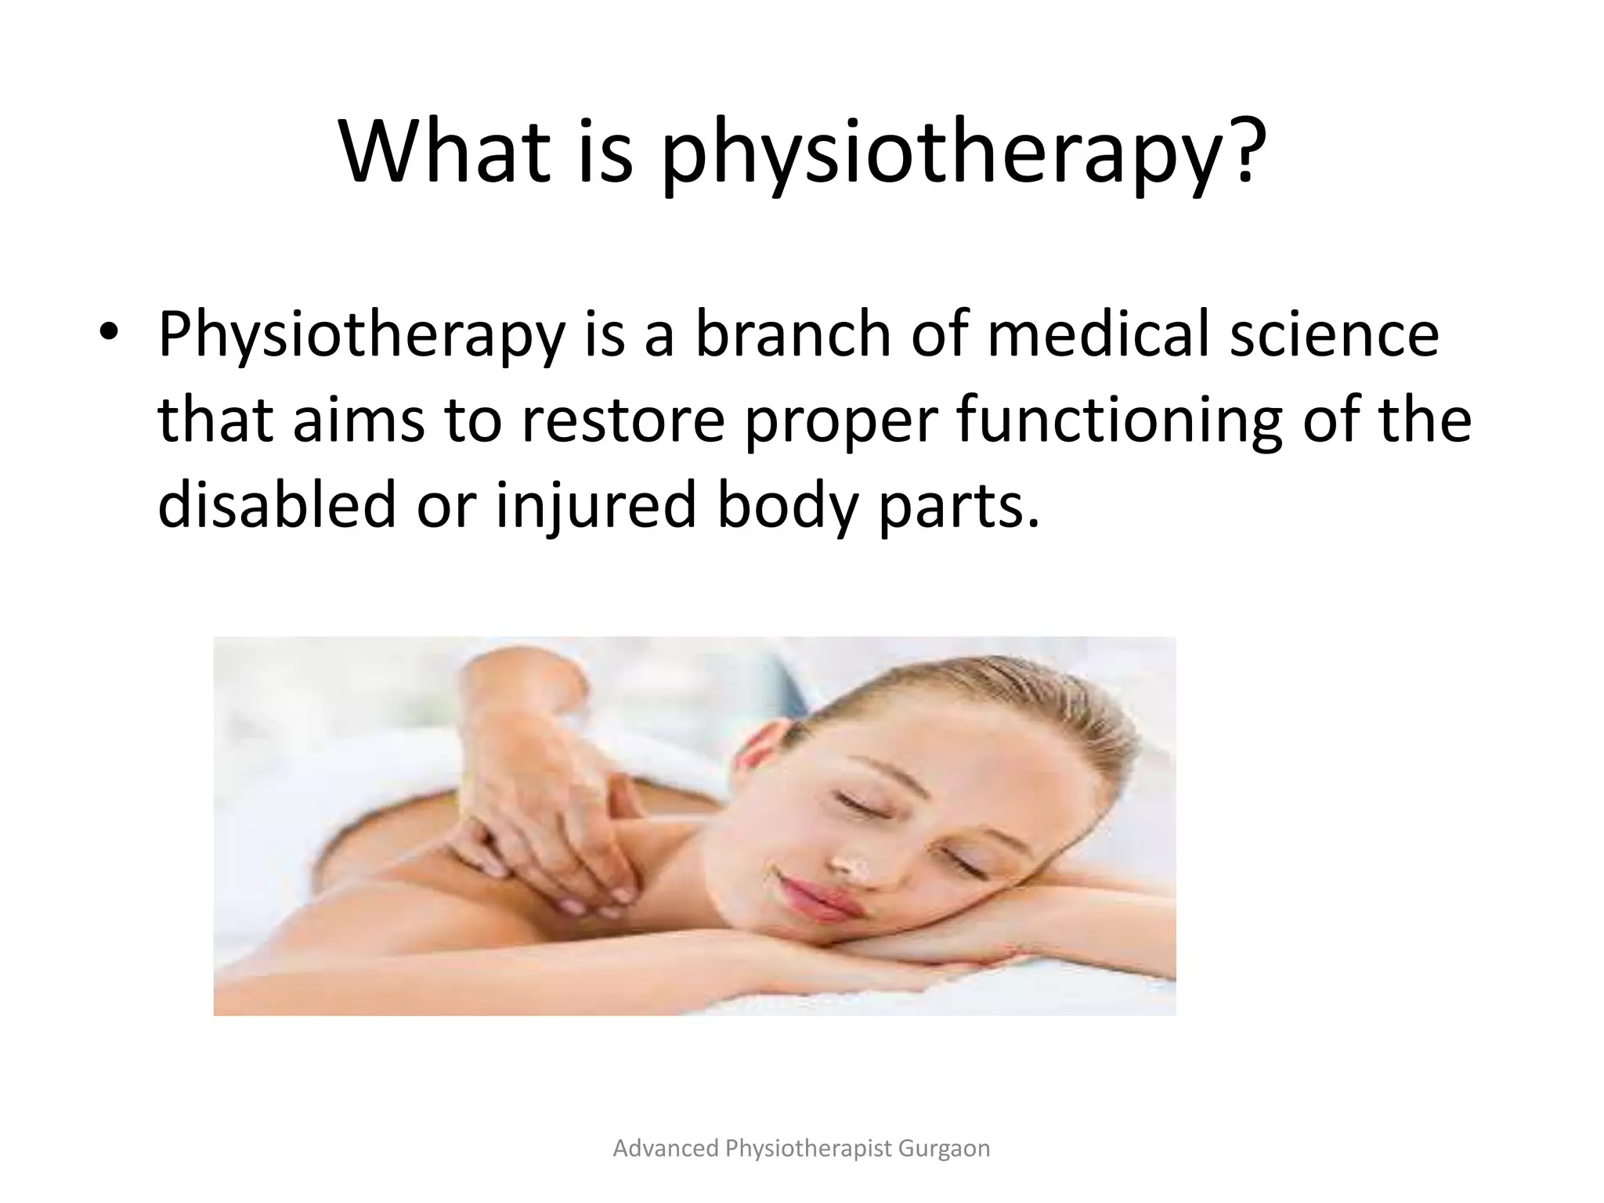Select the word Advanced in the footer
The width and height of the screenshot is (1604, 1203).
click(x=666, y=1148)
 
